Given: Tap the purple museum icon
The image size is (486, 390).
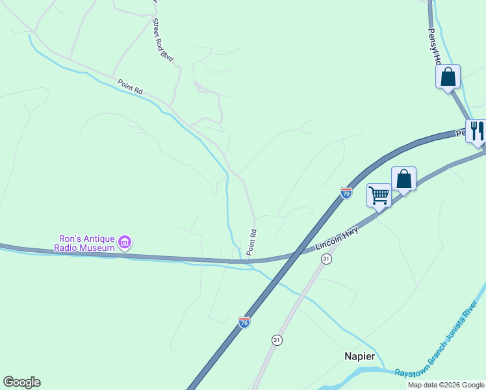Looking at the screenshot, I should tap(125, 243).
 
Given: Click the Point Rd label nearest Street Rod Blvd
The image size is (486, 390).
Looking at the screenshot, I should tap(130, 87).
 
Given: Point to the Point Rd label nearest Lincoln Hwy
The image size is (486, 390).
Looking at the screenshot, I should tap(251, 242).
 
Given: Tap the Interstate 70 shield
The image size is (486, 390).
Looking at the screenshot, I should tap(346, 193).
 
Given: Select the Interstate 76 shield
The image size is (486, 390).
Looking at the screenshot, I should tap(244, 322).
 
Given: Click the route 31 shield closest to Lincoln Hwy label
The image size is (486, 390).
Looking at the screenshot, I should tap(327, 259).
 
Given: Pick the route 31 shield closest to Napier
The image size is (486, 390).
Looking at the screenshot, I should tap(276, 340).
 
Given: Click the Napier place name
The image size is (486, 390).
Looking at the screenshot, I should tap(360, 356).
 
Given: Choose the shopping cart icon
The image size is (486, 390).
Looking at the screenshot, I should tap(379, 194).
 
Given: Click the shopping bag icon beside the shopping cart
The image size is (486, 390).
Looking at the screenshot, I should tap(403, 177).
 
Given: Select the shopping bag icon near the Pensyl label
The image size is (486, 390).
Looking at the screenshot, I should tap(448, 77).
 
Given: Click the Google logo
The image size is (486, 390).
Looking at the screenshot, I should tap(21, 382).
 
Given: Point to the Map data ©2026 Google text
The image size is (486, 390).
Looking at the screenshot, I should tap(446, 385).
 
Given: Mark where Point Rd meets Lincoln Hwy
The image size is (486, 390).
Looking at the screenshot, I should tap(248, 261).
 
